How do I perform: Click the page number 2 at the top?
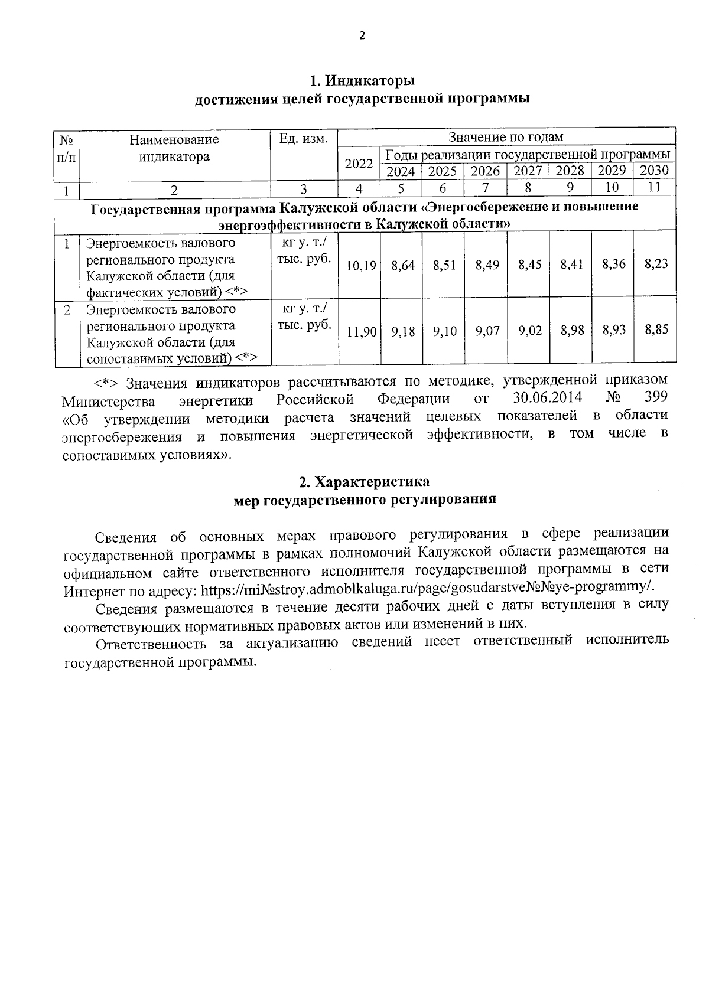362,36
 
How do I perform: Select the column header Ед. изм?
303,139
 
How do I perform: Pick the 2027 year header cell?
528,171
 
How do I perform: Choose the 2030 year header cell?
654,171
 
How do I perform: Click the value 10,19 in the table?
360,265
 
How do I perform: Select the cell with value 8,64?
403,265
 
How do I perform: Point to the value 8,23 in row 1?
656,264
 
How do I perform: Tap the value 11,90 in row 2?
361,332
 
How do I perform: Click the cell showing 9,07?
487,331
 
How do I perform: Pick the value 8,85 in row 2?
656,329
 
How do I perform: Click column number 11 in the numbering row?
654,188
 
